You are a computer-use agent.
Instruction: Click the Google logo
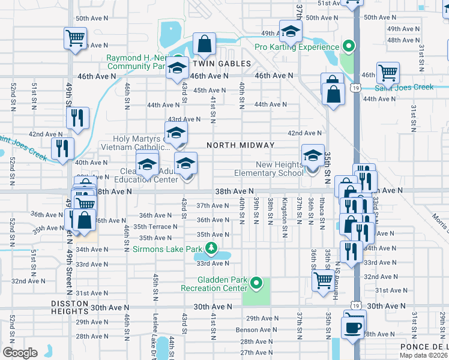click(x=20, y=353)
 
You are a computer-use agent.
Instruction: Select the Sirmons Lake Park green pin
click(x=211, y=247)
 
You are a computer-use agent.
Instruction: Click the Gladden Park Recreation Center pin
click(x=256, y=283)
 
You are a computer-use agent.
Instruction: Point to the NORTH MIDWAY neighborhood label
click(x=240, y=145)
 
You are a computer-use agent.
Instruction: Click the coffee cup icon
click(x=352, y=328)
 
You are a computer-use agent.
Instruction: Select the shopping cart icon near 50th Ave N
click(x=76, y=38)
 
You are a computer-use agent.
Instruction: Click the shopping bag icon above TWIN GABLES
click(x=204, y=43)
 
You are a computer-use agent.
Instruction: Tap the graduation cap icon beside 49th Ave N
click(x=290, y=31)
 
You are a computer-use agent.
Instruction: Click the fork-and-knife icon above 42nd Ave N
click(x=78, y=118)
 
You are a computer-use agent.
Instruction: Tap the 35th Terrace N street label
click(x=155, y=227)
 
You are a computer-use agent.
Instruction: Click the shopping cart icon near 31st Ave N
click(x=324, y=279)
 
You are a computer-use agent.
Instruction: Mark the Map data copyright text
click(x=427, y=355)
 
